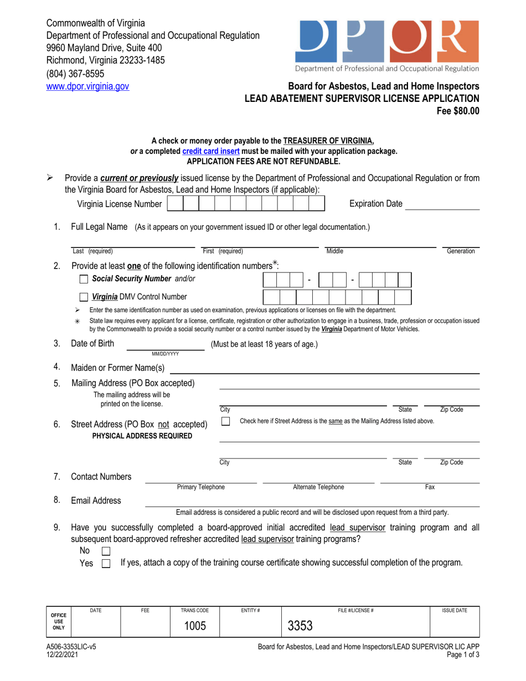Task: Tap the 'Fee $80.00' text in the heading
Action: coord(458,110)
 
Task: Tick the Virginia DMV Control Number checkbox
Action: coord(84,297)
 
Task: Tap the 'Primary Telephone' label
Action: coord(200,487)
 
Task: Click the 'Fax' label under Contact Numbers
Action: coord(429,487)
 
